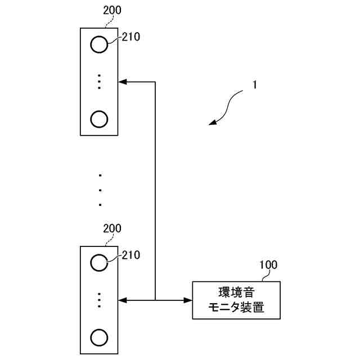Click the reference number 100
[x=268, y=264]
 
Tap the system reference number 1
[x=255, y=85]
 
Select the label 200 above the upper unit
[x=112, y=10]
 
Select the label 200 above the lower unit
[x=112, y=228]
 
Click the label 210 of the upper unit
[x=130, y=38]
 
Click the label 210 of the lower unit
[x=130, y=255]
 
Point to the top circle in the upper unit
[x=99, y=44]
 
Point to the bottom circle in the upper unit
[x=99, y=119]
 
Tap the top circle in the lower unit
[x=99, y=262]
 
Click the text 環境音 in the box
[x=236, y=292]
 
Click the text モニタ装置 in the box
[x=236, y=308]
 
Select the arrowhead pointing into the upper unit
[x=123, y=82]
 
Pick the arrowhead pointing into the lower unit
[x=123, y=300]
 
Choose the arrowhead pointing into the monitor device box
[x=188, y=300]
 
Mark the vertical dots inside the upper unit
[x=99, y=82]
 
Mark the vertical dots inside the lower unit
[x=99, y=300]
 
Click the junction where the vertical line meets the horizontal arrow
[x=155, y=300]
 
